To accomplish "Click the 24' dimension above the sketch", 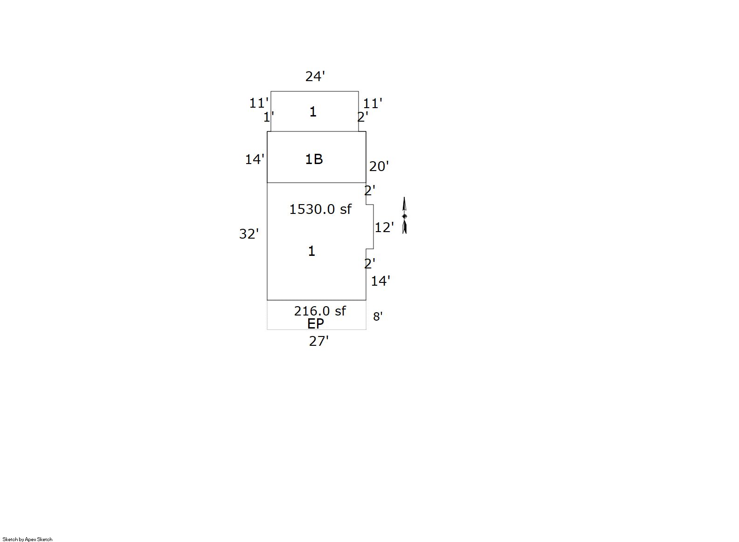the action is click(x=315, y=76).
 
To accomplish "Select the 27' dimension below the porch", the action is click(x=319, y=341).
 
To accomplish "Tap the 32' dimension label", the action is click(x=249, y=234).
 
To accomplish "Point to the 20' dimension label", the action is click(x=379, y=166).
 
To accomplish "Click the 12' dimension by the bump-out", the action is click(x=384, y=227).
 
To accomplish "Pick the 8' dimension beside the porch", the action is click(x=378, y=316).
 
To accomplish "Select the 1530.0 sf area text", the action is click(x=320, y=209).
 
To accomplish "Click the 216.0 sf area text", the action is click(x=320, y=311).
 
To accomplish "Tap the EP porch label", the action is click(x=315, y=324).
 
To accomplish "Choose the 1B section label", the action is click(x=314, y=159).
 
